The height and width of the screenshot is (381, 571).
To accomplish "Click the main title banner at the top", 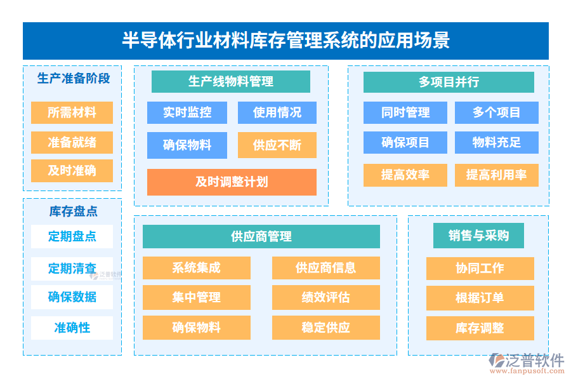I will tap(285, 41).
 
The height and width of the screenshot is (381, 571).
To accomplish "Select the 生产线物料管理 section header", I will tap(231, 82).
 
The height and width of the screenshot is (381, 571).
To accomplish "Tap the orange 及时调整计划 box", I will tap(232, 182).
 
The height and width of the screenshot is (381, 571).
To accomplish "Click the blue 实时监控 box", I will tap(187, 113).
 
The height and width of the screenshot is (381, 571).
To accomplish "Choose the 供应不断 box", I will tap(277, 145).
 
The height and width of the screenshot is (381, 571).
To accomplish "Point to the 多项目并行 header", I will tap(449, 82).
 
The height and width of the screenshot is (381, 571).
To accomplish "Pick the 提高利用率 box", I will tap(496, 175).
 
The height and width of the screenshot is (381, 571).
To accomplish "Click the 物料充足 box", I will tap(496, 143).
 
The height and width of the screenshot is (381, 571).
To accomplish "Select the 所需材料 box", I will tap(72, 113).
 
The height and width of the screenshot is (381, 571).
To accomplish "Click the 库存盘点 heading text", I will tap(74, 211).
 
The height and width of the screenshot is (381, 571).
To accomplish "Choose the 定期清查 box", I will tap(72, 269).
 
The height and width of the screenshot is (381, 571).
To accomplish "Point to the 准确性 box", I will tap(72, 328).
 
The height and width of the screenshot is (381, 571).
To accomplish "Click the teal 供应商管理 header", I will tap(261, 237).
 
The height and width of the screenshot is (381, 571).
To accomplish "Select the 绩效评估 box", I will tap(326, 297).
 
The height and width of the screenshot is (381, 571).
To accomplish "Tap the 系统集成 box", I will tap(197, 268).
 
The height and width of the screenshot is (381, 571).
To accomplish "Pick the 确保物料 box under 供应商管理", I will tap(197, 328).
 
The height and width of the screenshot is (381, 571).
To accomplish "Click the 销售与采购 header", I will tap(479, 236).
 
